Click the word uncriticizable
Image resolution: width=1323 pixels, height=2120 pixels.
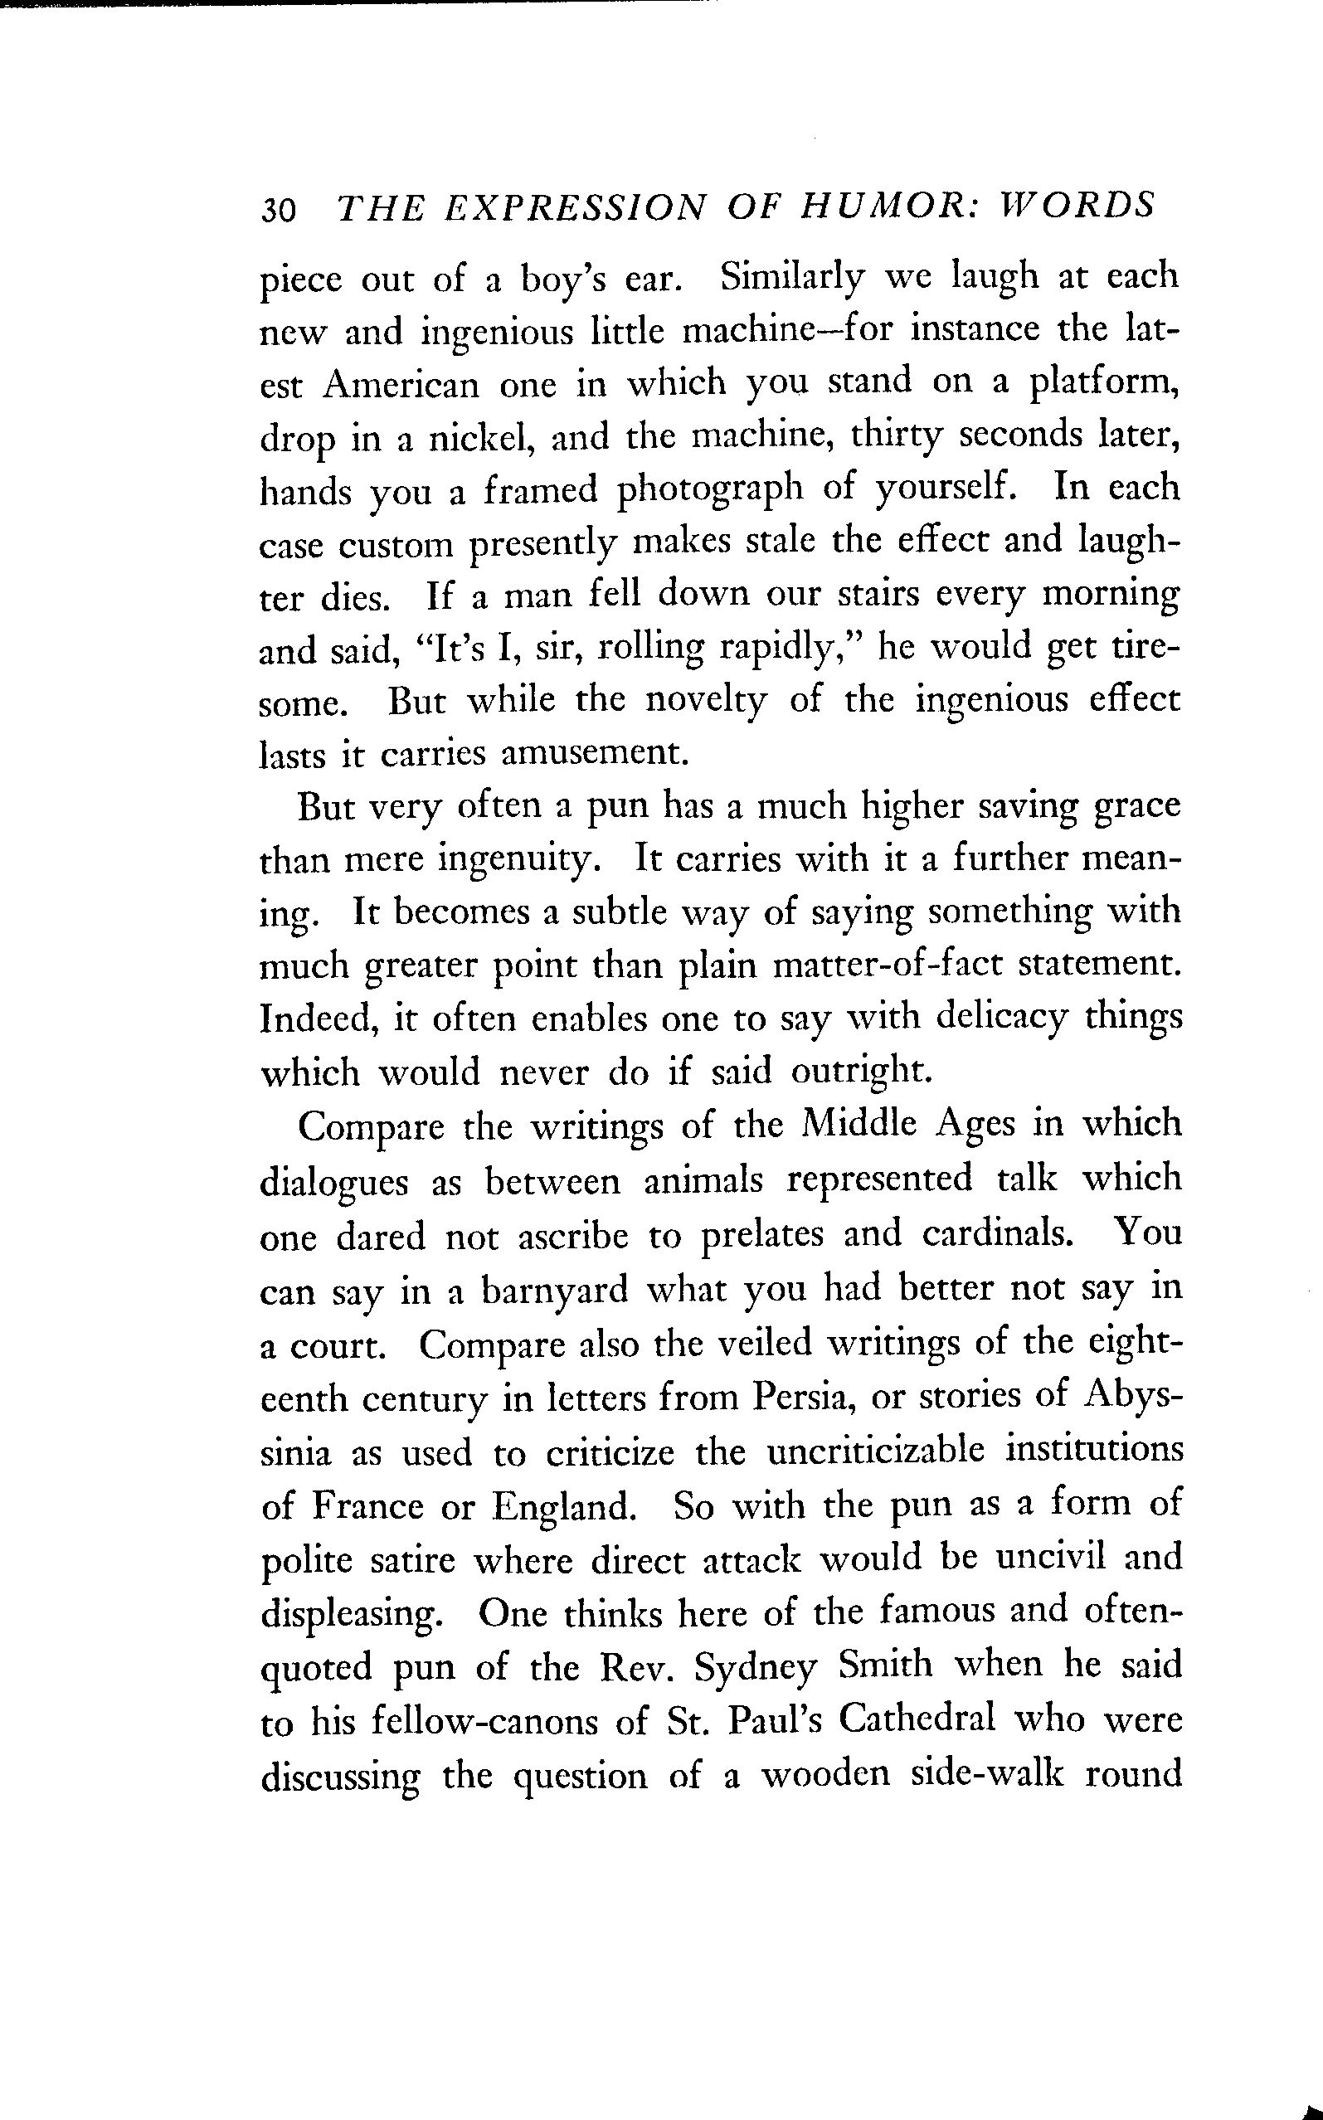click(876, 1450)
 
